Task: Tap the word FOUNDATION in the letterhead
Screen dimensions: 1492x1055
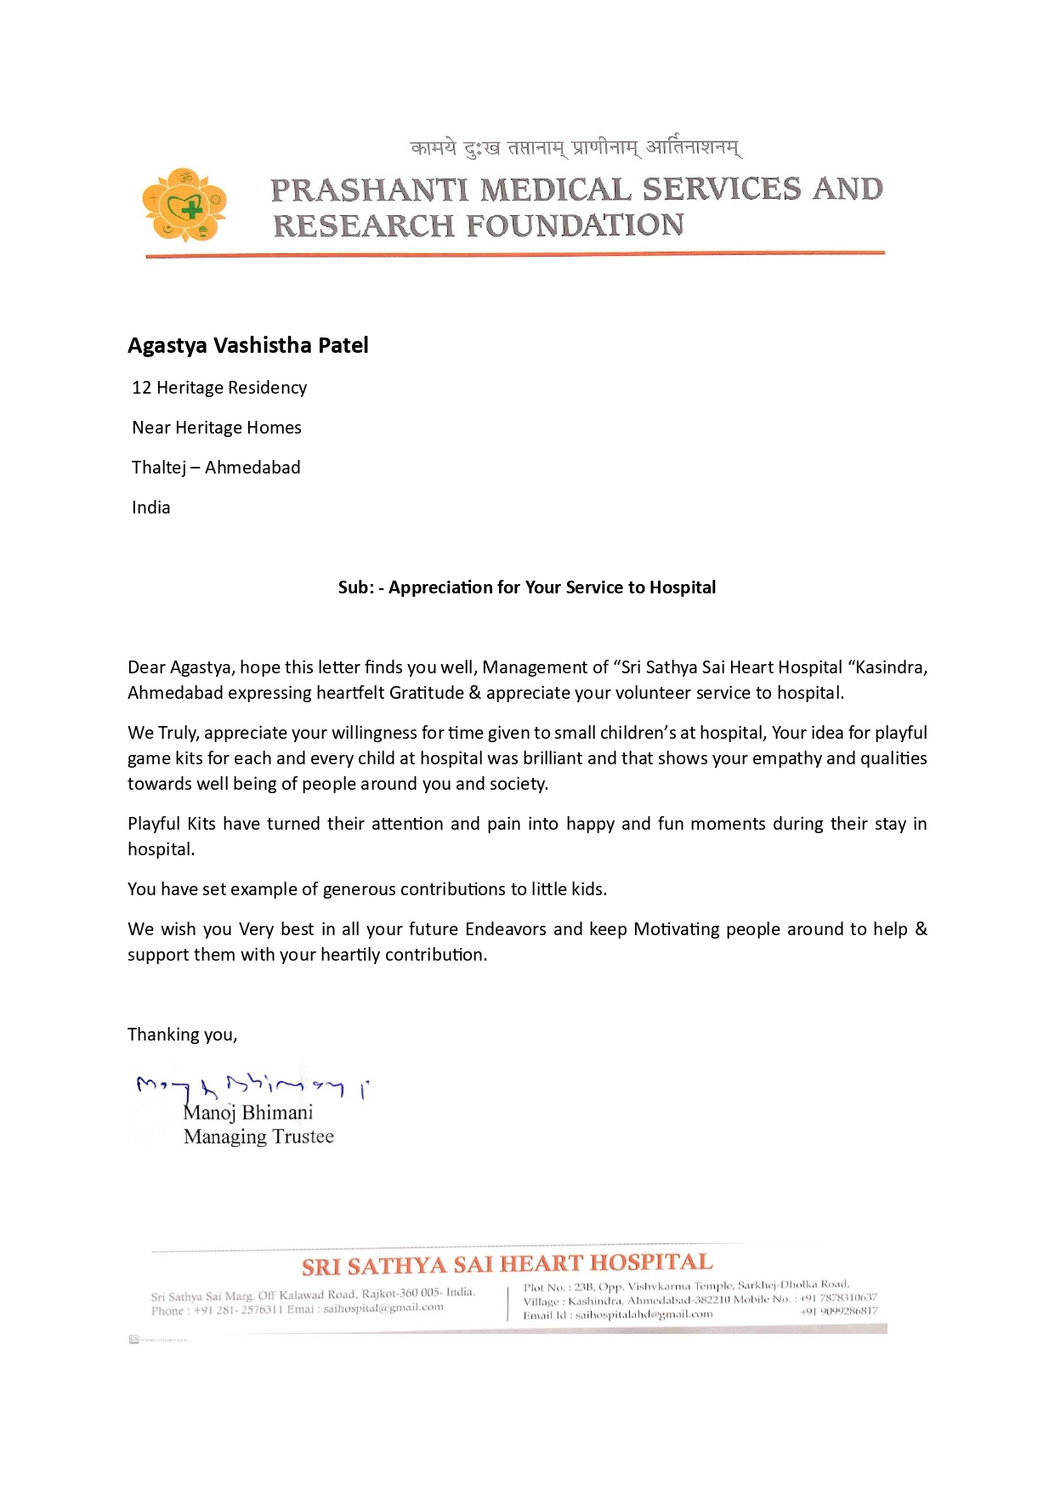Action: tap(576, 226)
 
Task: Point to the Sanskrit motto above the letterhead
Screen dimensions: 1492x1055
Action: tap(576, 148)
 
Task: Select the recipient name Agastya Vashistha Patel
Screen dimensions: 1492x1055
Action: tap(248, 345)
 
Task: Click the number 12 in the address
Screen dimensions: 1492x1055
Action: tap(141, 388)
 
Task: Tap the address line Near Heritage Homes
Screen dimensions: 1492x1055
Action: tap(217, 428)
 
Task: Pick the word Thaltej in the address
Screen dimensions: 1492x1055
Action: tap(159, 468)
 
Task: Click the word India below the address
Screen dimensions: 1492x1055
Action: tap(151, 508)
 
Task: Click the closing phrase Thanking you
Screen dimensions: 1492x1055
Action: tap(182, 1035)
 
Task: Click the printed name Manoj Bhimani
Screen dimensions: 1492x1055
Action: tap(249, 1113)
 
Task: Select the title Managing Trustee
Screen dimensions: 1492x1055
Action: tap(258, 1137)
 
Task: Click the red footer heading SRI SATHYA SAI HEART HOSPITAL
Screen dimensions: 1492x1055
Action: tap(508, 1264)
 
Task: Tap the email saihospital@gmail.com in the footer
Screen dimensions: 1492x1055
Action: tap(383, 1308)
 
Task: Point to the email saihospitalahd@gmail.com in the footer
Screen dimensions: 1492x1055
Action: tap(644, 1314)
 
